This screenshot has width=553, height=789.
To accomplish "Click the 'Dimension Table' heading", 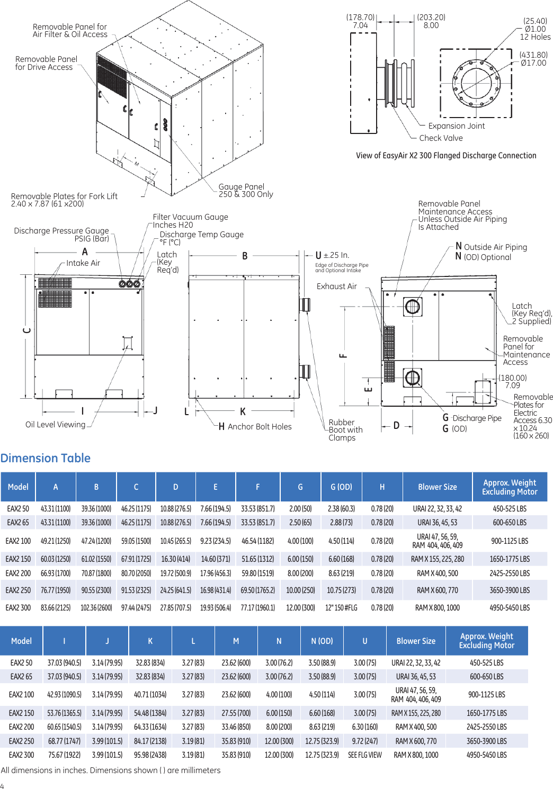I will pyautogui.click(x=46, y=458).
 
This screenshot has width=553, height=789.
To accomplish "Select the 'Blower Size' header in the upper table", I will pyautogui.click(x=437, y=487).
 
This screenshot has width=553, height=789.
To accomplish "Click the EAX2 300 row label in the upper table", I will pyautogui.click(x=18, y=608).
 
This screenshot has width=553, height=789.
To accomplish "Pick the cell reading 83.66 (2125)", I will pyautogui.click(x=56, y=608).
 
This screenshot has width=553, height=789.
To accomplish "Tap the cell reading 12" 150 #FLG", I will pyautogui.click(x=341, y=608).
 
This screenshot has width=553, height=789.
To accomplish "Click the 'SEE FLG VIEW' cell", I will pyautogui.click(x=364, y=755).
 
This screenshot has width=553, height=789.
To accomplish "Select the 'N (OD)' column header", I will pyautogui.click(x=322, y=641).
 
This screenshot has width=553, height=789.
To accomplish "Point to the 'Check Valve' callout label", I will pyautogui.click(x=441, y=138).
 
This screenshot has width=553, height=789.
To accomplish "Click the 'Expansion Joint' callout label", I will pyautogui.click(x=456, y=126).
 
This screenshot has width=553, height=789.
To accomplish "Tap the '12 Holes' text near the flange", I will pyautogui.click(x=535, y=37).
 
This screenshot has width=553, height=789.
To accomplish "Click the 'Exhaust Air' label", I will pyautogui.click(x=337, y=286).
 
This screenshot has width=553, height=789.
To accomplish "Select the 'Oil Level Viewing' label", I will pyautogui.click(x=55, y=425).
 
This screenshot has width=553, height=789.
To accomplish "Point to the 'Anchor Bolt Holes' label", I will pyautogui.click(x=259, y=427).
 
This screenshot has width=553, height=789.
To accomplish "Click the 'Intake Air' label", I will pyautogui.click(x=83, y=263).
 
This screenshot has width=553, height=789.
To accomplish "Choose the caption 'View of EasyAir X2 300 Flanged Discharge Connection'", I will pyautogui.click(x=446, y=156).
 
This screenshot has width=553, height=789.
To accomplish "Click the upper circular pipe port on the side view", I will pyautogui.click(x=412, y=306).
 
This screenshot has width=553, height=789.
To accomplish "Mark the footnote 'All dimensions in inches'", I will pyautogui.click(x=111, y=770).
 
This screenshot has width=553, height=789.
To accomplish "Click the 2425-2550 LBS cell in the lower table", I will pyautogui.click(x=486, y=727).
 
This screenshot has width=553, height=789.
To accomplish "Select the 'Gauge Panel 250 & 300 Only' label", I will pyautogui.click(x=246, y=191).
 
